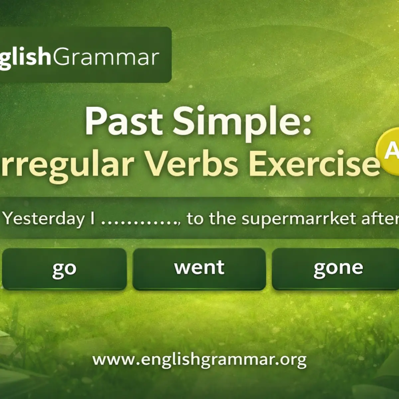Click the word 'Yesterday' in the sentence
click(x=45, y=219)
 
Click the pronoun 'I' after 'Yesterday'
click(x=92, y=219)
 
